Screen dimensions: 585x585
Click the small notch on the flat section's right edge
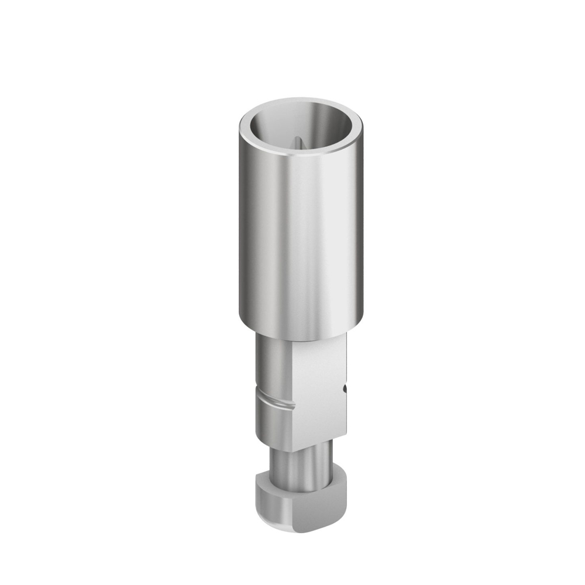tap(346, 387)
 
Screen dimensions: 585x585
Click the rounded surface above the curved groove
tap(272, 369)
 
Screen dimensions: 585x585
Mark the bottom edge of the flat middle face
tap(319, 443)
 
